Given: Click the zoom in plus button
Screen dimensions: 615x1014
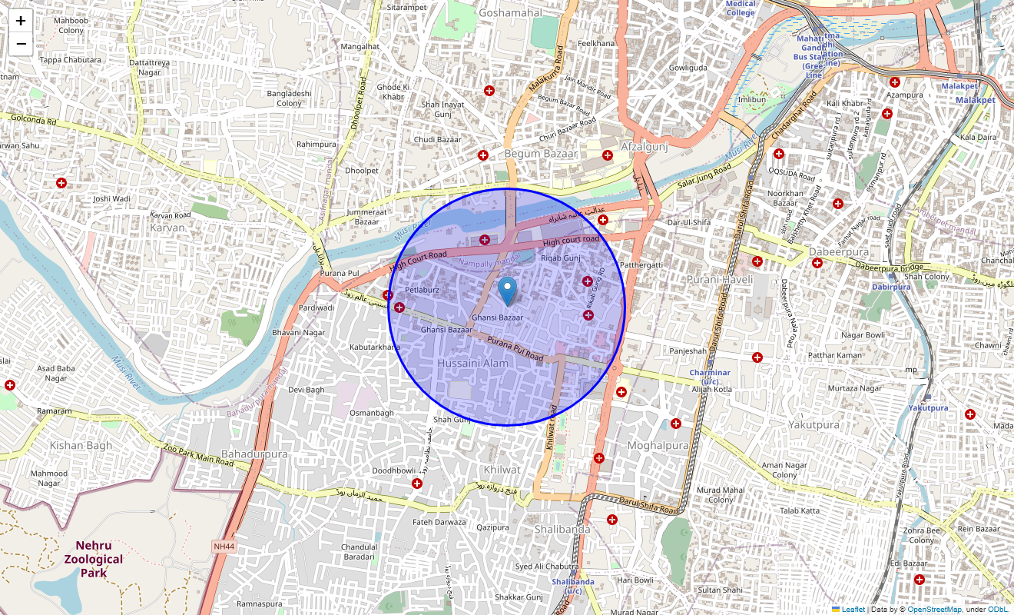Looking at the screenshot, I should tap(21, 21).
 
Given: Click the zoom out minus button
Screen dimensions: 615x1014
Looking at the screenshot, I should tap(21, 44).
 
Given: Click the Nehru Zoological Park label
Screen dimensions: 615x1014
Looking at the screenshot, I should tap(94, 559).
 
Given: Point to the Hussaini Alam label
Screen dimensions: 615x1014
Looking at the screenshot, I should tap(472, 363).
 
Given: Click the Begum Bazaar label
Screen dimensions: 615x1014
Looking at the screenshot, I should tap(541, 154).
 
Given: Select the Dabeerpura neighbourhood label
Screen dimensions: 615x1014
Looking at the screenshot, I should tap(838, 251).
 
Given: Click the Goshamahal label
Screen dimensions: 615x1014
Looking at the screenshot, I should tap(510, 12).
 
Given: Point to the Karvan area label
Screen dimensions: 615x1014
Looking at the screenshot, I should tap(167, 228).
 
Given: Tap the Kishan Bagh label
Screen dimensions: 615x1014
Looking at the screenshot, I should tap(81, 445).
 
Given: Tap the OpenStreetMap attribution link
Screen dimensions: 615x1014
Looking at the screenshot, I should tap(934, 610).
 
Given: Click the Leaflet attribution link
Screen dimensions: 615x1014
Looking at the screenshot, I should tap(853, 610).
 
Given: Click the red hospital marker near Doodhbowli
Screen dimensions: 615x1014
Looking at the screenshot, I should tap(417, 484).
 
